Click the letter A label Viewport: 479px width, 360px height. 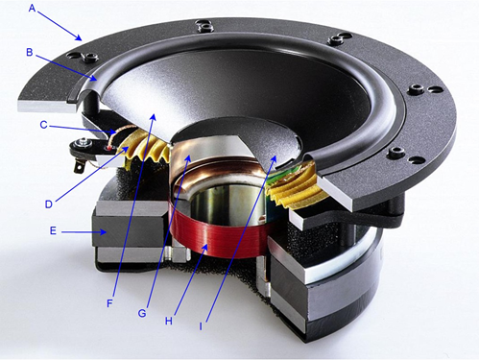32,8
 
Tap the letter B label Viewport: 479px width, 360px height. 30,52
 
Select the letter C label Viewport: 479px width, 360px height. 43,125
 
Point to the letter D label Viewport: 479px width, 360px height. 49,204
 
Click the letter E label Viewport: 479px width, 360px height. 53,230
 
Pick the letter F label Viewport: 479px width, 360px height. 109,303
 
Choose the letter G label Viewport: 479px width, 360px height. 142,313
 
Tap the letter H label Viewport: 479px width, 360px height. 169,321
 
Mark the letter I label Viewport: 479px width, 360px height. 201,326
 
